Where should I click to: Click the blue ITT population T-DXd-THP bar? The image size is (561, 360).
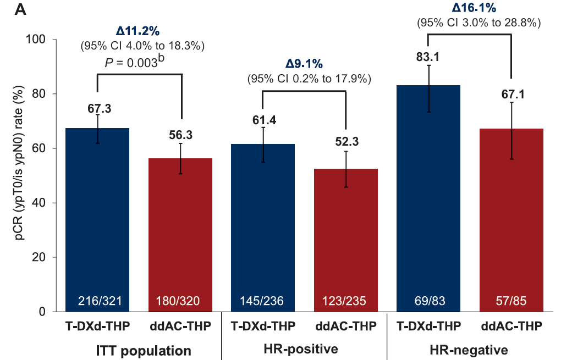(x=97, y=220)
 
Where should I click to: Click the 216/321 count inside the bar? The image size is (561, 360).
(x=97, y=301)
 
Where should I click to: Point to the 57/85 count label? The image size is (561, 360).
(x=512, y=301)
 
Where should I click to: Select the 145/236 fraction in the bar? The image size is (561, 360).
(x=263, y=301)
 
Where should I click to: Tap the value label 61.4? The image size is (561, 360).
(x=263, y=119)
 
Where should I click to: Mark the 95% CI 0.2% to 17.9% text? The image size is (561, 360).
(x=309, y=79)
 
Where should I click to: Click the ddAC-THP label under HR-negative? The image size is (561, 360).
(x=512, y=326)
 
